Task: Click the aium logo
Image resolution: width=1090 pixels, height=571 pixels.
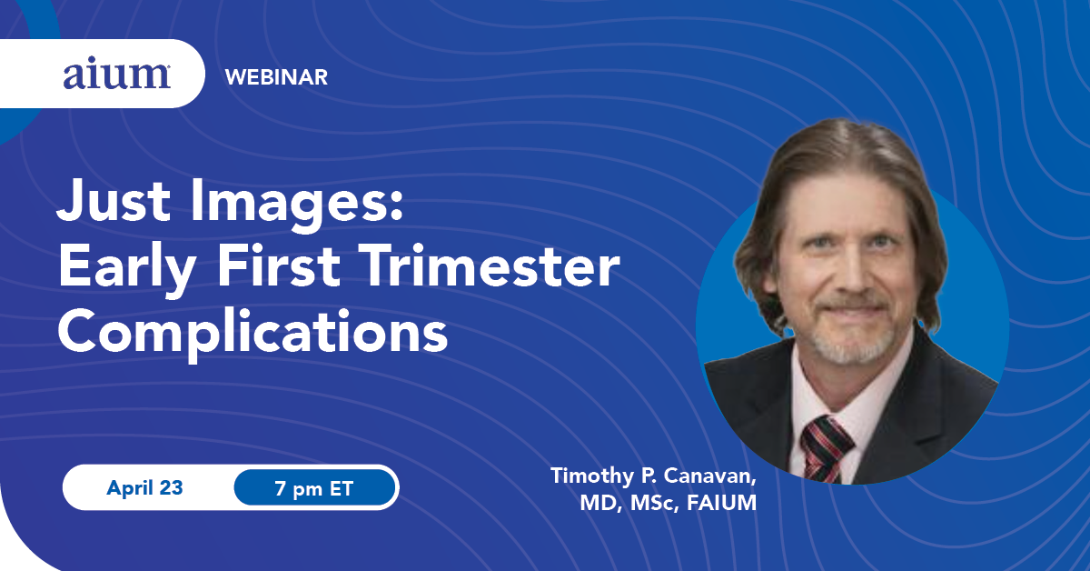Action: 117,76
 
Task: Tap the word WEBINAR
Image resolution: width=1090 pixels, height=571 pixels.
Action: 276,77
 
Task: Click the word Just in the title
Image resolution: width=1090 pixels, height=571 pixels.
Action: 114,200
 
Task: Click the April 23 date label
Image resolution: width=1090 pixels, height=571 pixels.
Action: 144,487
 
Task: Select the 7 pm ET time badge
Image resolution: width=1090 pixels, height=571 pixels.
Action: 314,487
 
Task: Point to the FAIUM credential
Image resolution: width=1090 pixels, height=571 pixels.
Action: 721,504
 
